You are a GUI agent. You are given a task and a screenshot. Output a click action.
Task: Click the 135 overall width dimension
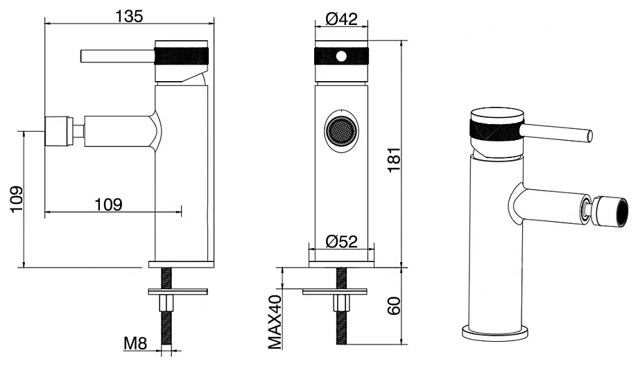tap(130, 16)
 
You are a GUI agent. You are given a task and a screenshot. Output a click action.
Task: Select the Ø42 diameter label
tap(341, 19)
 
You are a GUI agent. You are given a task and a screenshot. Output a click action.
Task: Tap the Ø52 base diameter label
tap(341, 241)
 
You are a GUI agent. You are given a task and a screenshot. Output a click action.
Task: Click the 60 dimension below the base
tap(394, 306)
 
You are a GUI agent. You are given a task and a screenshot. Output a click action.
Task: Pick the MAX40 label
tap(275, 322)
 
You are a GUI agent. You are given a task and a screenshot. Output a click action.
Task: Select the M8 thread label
tap(135, 344)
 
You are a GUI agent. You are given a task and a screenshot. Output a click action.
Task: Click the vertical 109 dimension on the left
tap(16, 199)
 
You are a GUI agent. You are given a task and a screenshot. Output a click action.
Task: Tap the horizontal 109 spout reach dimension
tap(108, 204)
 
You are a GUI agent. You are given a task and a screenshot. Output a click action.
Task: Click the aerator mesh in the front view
tap(342, 131)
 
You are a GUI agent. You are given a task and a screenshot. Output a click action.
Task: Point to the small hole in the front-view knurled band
tap(342, 56)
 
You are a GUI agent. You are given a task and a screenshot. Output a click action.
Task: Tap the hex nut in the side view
tap(166, 303)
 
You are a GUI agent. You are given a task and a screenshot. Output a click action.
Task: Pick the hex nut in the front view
tap(342, 303)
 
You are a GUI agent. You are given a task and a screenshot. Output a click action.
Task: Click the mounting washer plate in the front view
tap(335, 291)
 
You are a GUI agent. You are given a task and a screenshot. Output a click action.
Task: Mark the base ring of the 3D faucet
tap(495, 332)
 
